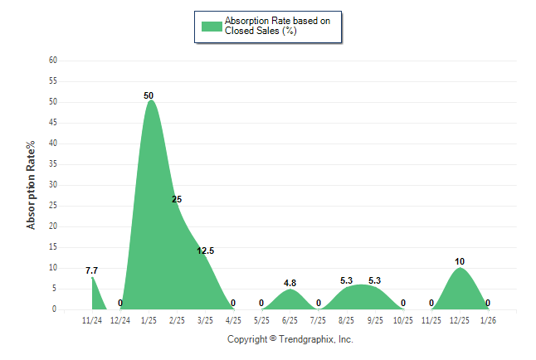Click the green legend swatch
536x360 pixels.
click(x=212, y=26)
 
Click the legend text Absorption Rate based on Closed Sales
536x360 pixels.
click(x=271, y=26)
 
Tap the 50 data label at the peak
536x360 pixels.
click(x=149, y=95)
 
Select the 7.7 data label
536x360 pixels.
click(x=92, y=270)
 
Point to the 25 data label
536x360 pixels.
click(x=177, y=199)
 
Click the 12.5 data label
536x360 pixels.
click(x=206, y=251)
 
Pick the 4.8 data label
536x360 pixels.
click(x=290, y=283)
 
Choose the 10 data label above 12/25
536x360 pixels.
click(x=460, y=261)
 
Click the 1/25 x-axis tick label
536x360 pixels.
click(x=149, y=320)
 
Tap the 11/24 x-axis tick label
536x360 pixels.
click(x=92, y=320)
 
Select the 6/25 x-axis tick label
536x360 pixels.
click(x=290, y=320)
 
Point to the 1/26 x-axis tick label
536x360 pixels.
click(x=488, y=320)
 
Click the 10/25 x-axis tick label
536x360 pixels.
click(x=403, y=320)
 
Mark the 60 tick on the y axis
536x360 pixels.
click(x=52, y=61)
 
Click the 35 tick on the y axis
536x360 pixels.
click(x=52, y=164)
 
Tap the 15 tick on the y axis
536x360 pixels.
click(x=52, y=247)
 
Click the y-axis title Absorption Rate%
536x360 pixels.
click(x=32, y=184)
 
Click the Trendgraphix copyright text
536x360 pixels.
click(x=290, y=339)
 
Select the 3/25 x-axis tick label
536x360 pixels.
click(x=206, y=320)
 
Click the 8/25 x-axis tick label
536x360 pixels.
click(x=347, y=320)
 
